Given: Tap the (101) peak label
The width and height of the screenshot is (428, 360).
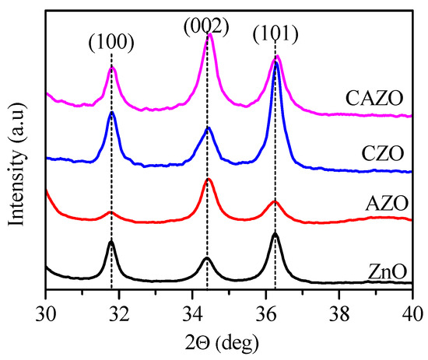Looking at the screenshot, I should [275, 37].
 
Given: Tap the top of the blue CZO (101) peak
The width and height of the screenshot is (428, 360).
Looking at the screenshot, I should [276, 63].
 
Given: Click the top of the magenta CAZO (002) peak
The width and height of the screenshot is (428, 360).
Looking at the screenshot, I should [209, 35].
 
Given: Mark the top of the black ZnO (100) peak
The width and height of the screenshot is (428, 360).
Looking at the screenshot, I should [111, 242].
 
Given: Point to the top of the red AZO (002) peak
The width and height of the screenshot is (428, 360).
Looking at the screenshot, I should [208, 180].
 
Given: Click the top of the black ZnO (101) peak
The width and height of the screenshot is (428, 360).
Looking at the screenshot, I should [275, 233].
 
